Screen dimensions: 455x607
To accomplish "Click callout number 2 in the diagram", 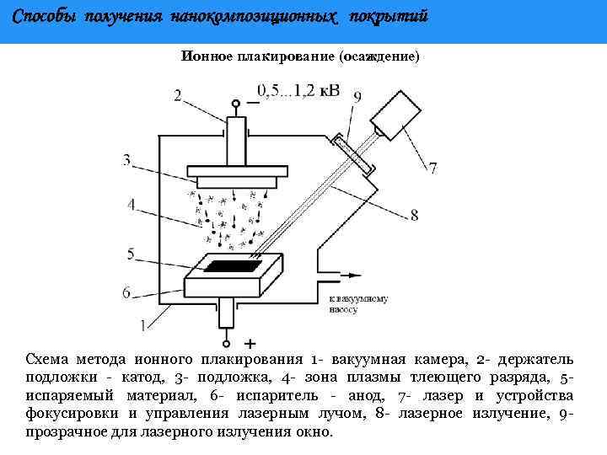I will click(x=178, y=95).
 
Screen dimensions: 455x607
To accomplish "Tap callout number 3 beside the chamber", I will click(x=126, y=159).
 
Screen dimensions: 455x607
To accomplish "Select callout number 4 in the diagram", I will click(x=132, y=204).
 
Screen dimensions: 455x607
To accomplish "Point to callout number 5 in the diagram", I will click(x=131, y=253).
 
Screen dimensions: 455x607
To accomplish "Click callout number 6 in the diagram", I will click(x=126, y=292).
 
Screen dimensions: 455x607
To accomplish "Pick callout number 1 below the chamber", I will click(x=142, y=323).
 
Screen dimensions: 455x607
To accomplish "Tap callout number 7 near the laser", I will click(x=432, y=169).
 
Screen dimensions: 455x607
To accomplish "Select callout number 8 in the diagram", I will click(x=414, y=216).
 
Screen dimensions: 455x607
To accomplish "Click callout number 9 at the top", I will click(x=357, y=97).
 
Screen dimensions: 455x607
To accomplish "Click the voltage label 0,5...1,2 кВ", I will click(x=298, y=90).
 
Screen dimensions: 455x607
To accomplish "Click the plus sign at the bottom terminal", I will click(x=250, y=344).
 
